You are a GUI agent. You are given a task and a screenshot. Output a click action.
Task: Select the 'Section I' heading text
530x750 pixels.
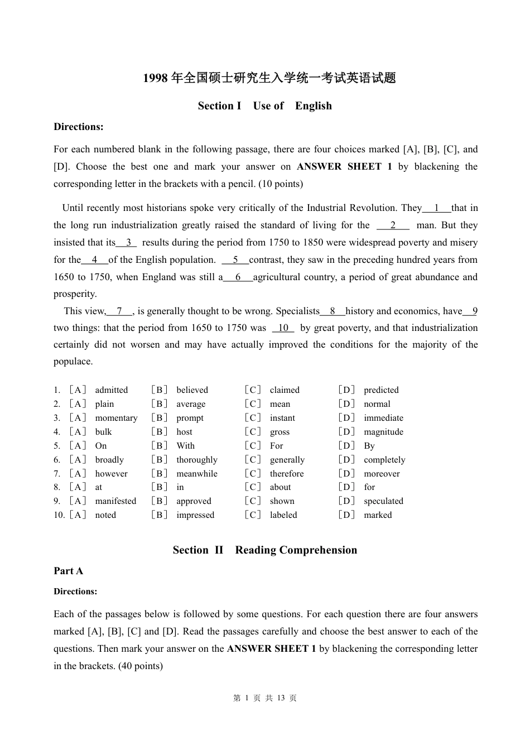pyautogui.click(x=219, y=106)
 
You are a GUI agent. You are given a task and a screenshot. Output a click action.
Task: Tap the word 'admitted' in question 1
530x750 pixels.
pyautogui.click(x=111, y=390)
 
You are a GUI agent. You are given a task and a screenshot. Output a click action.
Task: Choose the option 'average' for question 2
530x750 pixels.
pyautogui.click(x=191, y=404)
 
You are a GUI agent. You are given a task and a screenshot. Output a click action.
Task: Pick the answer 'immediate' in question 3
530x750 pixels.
pyautogui.click(x=383, y=418)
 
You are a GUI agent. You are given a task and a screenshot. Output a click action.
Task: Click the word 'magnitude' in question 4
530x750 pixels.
pyautogui.click(x=383, y=432)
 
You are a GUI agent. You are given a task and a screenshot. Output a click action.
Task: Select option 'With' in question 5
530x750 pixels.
pyautogui.click(x=185, y=446)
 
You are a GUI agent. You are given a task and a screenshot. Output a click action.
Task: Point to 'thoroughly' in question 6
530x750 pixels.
pyautogui.click(x=197, y=460)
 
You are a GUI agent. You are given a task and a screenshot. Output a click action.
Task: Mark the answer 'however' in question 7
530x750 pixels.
pyautogui.click(x=111, y=474)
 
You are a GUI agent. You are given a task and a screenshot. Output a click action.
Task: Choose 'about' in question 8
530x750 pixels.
pyautogui.click(x=280, y=487)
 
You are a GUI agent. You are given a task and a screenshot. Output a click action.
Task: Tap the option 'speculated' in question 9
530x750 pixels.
pyautogui.click(x=383, y=501)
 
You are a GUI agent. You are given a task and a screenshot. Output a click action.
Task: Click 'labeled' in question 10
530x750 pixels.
pyautogui.click(x=283, y=515)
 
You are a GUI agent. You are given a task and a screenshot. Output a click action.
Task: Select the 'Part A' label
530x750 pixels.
pyautogui.click(x=68, y=571)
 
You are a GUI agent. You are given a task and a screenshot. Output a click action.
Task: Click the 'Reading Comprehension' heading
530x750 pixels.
pyautogui.click(x=296, y=550)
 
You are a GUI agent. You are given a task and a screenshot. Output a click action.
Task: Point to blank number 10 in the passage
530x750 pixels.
pyautogui.click(x=283, y=328)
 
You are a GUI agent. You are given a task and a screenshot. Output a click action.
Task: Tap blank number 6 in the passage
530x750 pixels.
pyautogui.click(x=238, y=277)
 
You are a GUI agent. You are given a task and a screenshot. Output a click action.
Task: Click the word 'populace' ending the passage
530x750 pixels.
pyautogui.click(x=72, y=362)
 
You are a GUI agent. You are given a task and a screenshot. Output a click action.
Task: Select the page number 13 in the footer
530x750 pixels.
pyautogui.click(x=281, y=698)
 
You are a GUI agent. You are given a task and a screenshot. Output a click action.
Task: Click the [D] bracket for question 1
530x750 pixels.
pyautogui.click(x=346, y=390)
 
